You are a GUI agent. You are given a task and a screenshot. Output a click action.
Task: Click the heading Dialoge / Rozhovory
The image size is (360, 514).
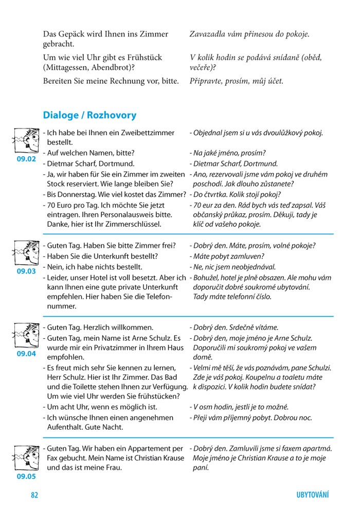pyautogui.click(x=89, y=115)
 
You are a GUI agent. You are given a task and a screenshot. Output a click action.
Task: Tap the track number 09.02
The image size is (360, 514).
pyautogui.click(x=26, y=159)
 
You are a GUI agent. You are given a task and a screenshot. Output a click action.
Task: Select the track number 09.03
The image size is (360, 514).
pyautogui.click(x=26, y=271)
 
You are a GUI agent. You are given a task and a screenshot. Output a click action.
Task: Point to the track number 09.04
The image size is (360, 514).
pyautogui.click(x=26, y=354)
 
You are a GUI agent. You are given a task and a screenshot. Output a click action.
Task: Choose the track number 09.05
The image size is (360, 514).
pyautogui.click(x=26, y=476)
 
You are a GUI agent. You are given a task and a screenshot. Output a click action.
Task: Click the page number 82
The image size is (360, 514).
pyautogui.click(x=34, y=495)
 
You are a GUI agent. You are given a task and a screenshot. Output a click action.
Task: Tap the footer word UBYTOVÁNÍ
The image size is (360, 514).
pyautogui.click(x=312, y=495)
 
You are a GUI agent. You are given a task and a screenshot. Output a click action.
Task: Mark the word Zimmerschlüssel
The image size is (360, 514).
pyautogui.click(x=135, y=224)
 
